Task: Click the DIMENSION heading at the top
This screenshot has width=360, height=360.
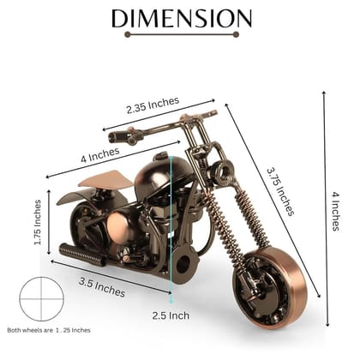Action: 181,18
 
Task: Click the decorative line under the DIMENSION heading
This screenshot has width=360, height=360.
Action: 180,35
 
